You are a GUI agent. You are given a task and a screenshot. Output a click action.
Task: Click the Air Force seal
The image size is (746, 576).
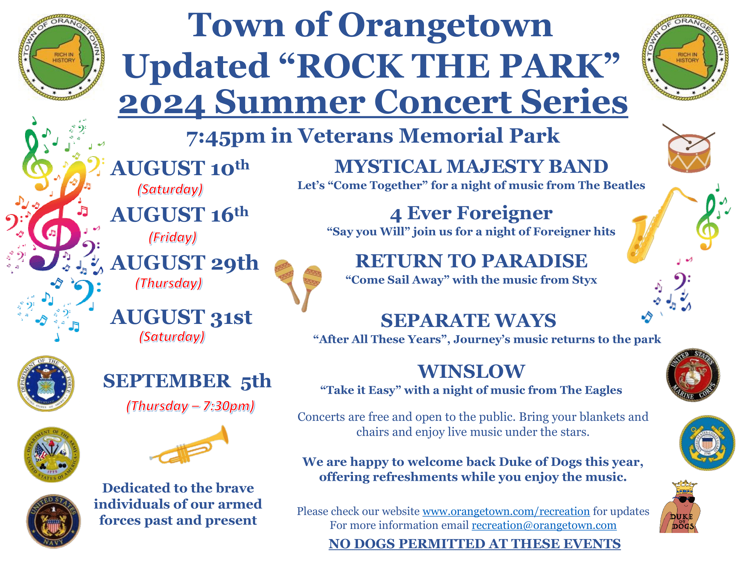pyautogui.click(x=46, y=383)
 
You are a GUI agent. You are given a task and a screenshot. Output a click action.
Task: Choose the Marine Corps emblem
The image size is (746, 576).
pyautogui.click(x=693, y=375)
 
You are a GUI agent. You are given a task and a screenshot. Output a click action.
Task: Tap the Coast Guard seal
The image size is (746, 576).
pyautogui.click(x=707, y=443)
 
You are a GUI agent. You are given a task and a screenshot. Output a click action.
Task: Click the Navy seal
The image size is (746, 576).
pyautogui.click(x=54, y=521)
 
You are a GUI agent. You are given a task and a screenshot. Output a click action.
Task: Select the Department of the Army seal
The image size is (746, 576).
pyautogui.click(x=52, y=454)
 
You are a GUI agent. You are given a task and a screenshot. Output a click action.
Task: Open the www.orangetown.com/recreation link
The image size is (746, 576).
pyautogui.click(x=506, y=511)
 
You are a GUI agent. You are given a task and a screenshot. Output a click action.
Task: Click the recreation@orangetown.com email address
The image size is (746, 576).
pyautogui.click(x=544, y=525)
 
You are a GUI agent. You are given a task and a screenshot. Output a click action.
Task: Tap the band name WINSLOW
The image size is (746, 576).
pyautogui.click(x=471, y=371)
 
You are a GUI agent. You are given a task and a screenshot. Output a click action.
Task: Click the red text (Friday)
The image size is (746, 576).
pyautogui.click(x=173, y=237)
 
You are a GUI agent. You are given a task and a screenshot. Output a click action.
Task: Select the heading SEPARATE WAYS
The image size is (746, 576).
pyautogui.click(x=468, y=321)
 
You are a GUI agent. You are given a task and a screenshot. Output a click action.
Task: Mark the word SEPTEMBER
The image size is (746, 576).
pyautogui.click(x=167, y=381)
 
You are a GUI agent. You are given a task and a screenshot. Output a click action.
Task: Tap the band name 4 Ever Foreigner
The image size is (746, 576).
pyautogui.click(x=471, y=213)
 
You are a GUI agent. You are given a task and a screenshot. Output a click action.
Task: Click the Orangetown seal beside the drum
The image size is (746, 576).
pyautogui.click(x=685, y=57)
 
